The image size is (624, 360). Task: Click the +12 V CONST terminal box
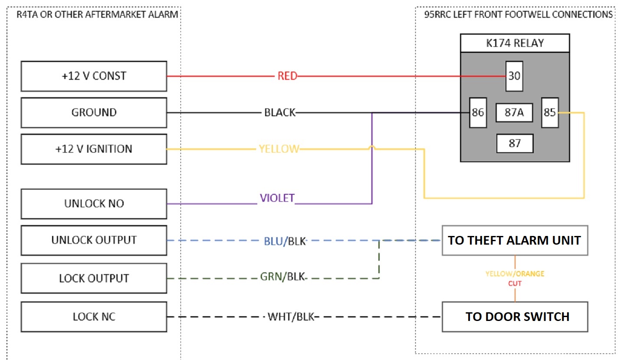coord(94,76)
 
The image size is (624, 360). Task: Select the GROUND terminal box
coord(94,112)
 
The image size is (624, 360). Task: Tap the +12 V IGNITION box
coord(94,149)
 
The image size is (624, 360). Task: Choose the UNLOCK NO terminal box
coord(94,204)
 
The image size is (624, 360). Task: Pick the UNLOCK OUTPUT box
coord(94,240)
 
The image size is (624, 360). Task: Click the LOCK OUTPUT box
coord(94,278)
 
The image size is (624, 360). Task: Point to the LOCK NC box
coord(94,317)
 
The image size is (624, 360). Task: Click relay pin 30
coord(514,76)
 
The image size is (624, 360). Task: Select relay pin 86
coord(478,112)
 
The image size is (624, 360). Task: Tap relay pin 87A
coord(514,112)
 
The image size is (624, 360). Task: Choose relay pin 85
coord(550,112)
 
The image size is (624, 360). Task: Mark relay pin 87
coord(515,144)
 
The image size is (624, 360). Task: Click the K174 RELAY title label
coord(515,43)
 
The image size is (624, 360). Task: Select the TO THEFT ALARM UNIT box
coord(515,240)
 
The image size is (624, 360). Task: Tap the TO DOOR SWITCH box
coord(515,317)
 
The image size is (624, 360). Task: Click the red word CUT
coord(515,284)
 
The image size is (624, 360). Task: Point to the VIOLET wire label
coord(277,198)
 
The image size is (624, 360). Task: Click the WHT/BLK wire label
coord(291,317)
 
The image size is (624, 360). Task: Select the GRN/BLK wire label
coord(282,277)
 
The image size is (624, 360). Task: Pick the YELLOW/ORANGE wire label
coord(515,274)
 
